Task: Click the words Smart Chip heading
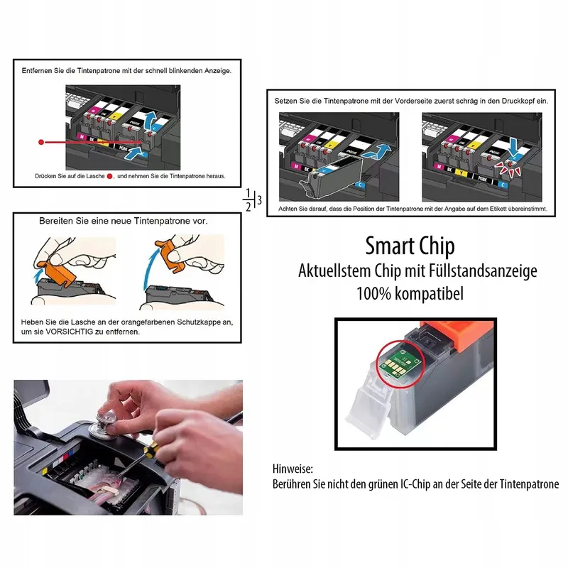(410, 246)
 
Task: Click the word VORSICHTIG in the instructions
(69, 332)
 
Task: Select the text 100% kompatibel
(410, 293)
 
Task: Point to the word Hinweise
(293, 469)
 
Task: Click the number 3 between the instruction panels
(259, 200)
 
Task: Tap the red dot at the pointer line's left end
(41, 143)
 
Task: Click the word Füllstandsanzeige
(483, 271)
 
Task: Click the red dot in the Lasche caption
(110, 176)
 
